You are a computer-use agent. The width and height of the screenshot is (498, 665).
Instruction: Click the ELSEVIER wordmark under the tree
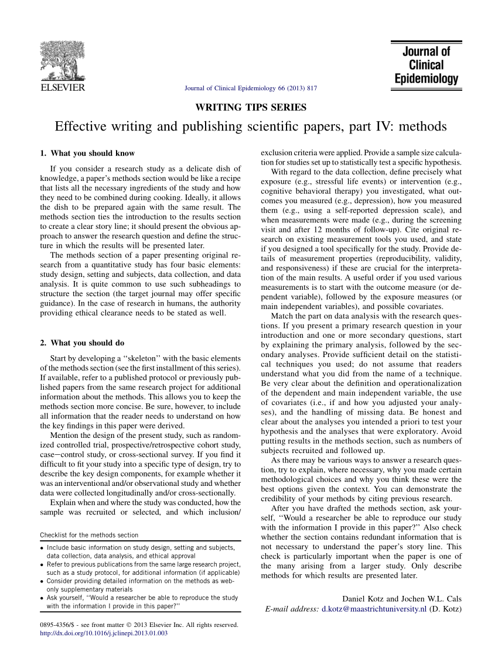pos(62,88)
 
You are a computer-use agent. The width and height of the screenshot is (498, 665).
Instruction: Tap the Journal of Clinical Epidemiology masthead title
pos(427,65)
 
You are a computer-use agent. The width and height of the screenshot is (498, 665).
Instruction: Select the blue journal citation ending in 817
pos(251,88)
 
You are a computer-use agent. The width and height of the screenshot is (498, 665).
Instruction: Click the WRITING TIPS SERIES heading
pos(250,107)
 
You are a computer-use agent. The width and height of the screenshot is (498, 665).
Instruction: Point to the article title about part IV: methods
pos(251,126)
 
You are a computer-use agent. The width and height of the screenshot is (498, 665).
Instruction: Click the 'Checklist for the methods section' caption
pos(89,535)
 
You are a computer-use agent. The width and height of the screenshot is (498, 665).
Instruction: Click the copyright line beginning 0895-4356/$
pos(139,625)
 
